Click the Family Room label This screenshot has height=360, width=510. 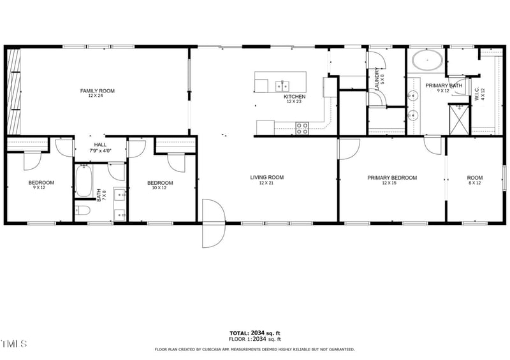pyautogui.click(x=97, y=91)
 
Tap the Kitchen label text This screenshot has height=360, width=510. pyautogui.click(x=295, y=97)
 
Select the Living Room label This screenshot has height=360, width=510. pyautogui.click(x=266, y=178)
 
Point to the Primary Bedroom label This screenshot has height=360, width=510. pyautogui.click(x=391, y=178)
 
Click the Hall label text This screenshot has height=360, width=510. pyautogui.click(x=100, y=145)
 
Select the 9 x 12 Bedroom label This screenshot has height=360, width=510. pyautogui.click(x=41, y=184)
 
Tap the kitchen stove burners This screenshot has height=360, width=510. pyautogui.click(x=302, y=128)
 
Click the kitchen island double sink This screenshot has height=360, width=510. pyautogui.click(x=281, y=85)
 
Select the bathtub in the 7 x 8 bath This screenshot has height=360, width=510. pyautogui.click(x=84, y=181)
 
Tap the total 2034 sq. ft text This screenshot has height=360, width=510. pyautogui.click(x=255, y=333)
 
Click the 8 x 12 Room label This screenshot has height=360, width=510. pyautogui.click(x=474, y=178)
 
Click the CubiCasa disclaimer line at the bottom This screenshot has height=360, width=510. pyautogui.click(x=255, y=349)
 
